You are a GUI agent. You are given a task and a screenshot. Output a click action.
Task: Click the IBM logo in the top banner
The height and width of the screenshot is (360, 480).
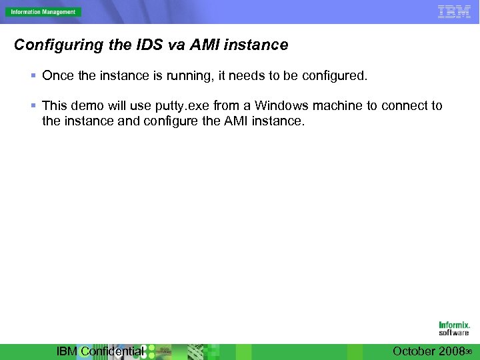[454, 11]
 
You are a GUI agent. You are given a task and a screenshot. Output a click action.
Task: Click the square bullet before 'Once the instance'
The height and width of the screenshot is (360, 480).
[35, 76]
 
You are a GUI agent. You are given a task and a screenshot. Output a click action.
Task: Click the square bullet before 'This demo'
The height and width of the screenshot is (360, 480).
[35, 106]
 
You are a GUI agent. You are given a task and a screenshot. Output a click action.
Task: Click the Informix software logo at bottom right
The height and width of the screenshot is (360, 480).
[454, 329]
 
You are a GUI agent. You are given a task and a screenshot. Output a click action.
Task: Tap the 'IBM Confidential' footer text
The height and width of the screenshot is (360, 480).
[100, 351]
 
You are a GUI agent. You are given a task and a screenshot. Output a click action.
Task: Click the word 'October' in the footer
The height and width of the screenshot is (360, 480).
[414, 351]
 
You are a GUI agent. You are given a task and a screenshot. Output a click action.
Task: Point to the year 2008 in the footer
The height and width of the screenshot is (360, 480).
[451, 351]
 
